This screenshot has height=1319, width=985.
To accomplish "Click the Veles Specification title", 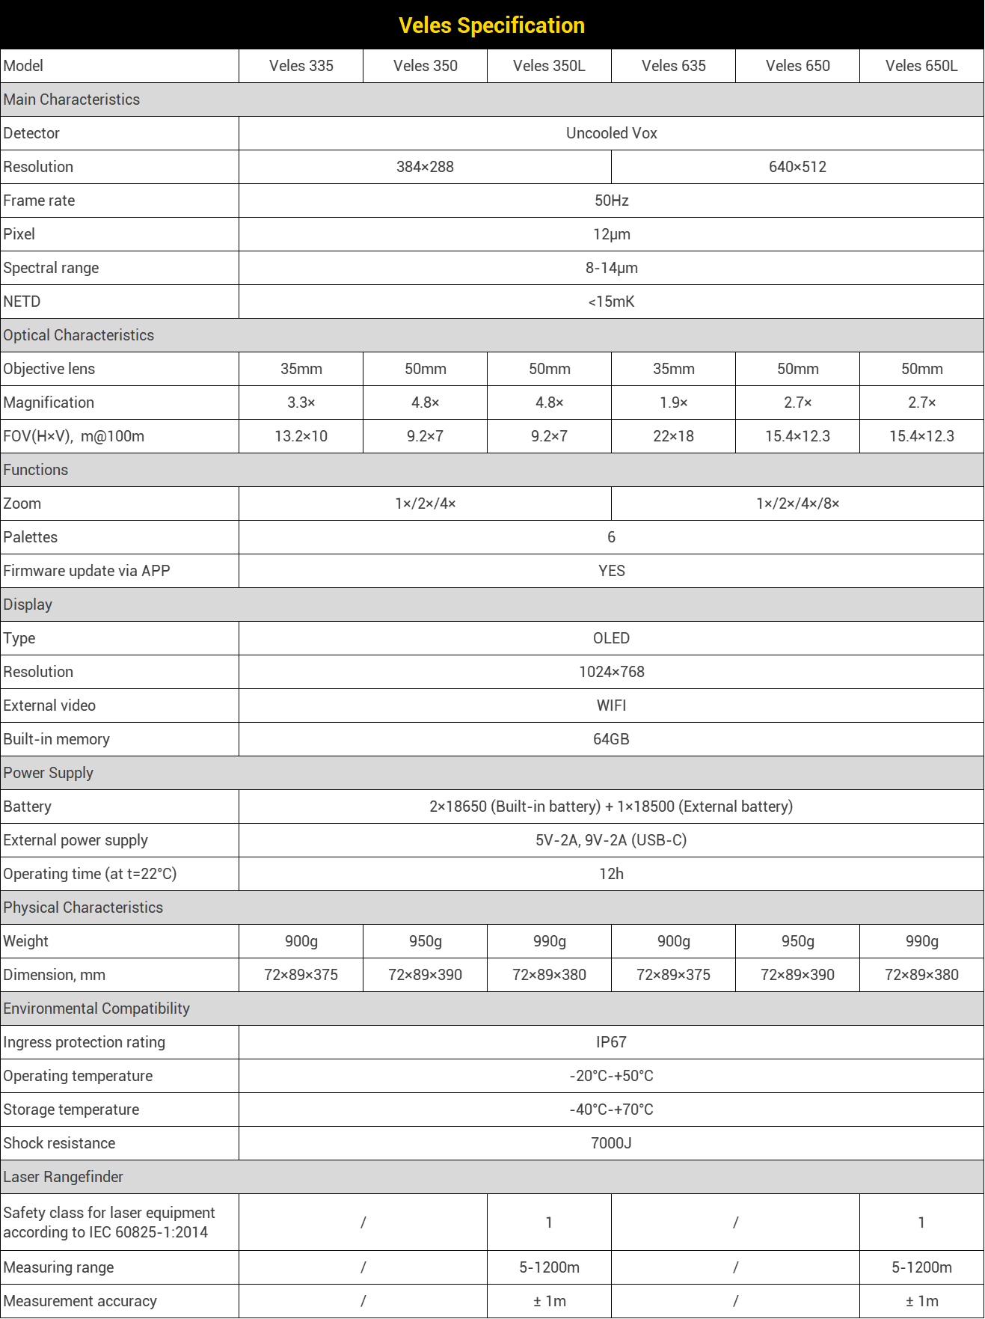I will (491, 25).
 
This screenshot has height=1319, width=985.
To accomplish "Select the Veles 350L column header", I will (549, 66).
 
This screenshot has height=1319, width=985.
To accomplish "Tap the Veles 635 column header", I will (673, 66).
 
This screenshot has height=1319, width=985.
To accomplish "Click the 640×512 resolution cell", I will (797, 167).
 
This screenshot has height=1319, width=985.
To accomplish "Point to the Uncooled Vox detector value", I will (611, 133).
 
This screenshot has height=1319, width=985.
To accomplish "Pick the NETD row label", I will (22, 302).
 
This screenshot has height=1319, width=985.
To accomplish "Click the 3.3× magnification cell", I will (301, 403).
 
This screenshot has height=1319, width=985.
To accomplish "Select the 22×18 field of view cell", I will (673, 436).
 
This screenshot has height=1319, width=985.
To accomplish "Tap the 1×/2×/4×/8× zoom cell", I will (797, 504).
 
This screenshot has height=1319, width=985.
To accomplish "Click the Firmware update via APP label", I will (87, 571).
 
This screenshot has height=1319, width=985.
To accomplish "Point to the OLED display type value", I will (611, 638).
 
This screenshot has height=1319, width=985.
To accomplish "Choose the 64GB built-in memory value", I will (611, 739).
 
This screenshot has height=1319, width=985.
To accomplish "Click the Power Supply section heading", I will (49, 773).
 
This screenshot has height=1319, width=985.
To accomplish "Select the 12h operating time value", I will (611, 874).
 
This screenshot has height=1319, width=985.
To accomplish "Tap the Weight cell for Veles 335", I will (301, 941).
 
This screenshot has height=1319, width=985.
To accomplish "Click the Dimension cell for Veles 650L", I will (921, 975).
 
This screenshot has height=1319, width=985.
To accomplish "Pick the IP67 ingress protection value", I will (611, 1042).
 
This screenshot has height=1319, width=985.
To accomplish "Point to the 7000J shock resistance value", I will (611, 1143).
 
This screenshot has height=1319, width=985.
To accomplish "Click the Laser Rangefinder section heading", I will (64, 1177).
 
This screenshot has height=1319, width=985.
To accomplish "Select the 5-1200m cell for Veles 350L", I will (549, 1267).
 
